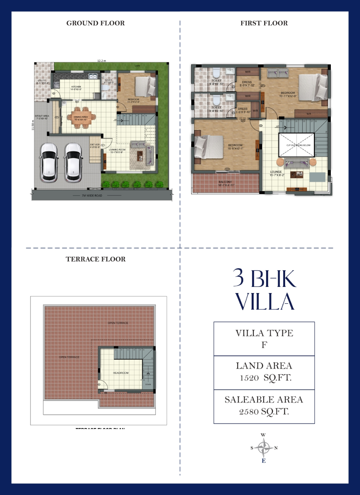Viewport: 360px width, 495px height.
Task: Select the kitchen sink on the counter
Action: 93,76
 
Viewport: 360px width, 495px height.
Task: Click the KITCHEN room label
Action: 76,87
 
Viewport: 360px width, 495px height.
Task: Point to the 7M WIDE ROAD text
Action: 92,195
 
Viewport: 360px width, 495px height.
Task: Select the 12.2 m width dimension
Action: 102,61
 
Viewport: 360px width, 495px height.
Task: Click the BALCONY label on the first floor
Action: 225,182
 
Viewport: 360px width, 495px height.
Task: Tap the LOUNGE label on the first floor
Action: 276,172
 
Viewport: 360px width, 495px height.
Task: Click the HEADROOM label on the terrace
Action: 121,373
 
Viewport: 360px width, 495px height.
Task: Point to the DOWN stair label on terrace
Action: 148,384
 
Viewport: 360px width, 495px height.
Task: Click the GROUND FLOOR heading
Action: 95,23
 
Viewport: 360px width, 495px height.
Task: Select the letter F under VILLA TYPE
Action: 264,345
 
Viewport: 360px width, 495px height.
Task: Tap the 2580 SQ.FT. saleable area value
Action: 264,412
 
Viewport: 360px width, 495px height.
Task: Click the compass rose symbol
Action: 264,448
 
